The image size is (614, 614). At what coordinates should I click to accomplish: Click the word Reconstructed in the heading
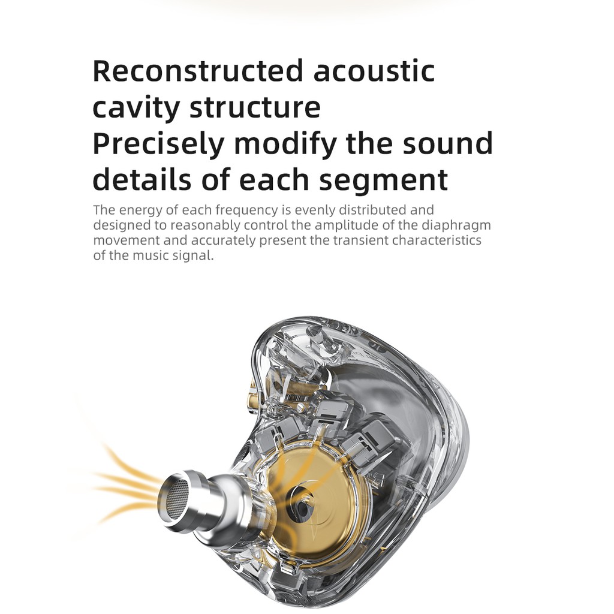click(198, 71)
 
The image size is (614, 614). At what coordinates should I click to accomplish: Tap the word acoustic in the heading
click(374, 71)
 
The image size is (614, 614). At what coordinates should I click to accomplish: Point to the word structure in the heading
click(255, 107)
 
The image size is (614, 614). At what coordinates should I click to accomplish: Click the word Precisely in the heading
click(158, 144)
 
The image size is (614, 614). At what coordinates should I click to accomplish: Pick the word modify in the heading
click(285, 144)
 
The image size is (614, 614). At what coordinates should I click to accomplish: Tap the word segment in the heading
click(383, 180)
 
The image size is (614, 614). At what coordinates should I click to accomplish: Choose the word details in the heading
click(142, 179)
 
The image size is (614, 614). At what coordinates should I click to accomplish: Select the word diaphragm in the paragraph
click(456, 225)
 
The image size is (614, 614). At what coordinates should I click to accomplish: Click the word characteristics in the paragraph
click(437, 240)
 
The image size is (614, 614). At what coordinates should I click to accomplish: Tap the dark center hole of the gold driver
click(302, 504)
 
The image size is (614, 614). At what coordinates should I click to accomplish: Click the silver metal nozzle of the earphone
click(204, 502)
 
